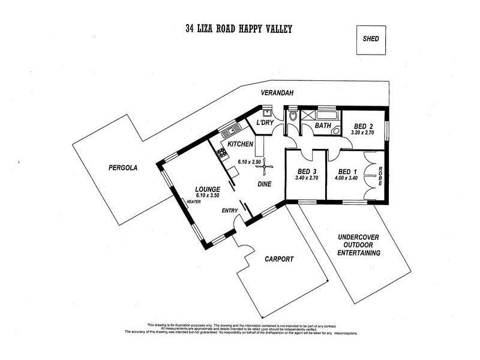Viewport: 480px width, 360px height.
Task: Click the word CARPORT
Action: coord(279,259)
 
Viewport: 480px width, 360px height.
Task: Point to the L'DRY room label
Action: coord(265,123)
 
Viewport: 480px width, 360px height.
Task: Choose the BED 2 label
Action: coord(364,126)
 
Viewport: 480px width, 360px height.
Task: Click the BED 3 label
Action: coord(305,170)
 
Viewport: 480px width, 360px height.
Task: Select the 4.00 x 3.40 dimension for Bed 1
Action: coord(347,178)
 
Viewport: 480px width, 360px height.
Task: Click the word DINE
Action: coord(266,185)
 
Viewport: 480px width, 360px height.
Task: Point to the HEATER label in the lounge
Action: coord(193,202)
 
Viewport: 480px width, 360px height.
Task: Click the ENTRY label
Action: coord(230,211)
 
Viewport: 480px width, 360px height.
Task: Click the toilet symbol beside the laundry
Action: coord(292,116)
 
